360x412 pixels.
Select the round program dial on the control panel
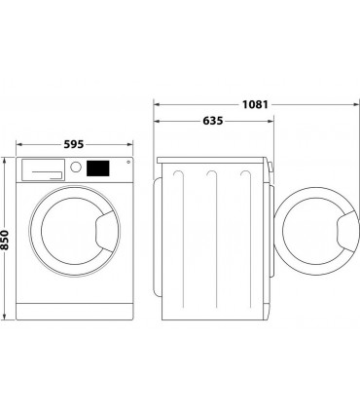click(74, 168)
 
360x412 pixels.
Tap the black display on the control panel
click(97, 168)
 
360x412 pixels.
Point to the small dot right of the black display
click(126, 164)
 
